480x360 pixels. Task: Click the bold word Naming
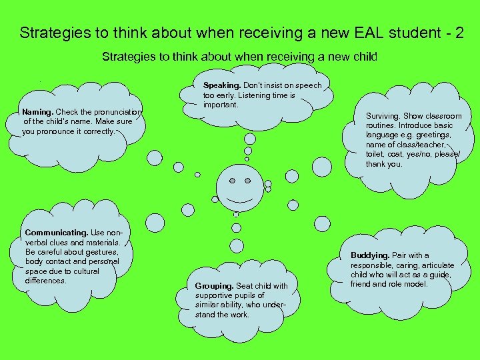coord(37,112)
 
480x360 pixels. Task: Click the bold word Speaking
coord(222,85)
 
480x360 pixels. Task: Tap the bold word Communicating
coord(56,233)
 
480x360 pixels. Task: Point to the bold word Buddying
coord(370,255)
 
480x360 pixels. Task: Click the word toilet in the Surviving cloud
coord(374,153)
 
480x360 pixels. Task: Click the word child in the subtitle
coord(365,57)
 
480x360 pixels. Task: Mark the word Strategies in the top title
coord(49,33)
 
